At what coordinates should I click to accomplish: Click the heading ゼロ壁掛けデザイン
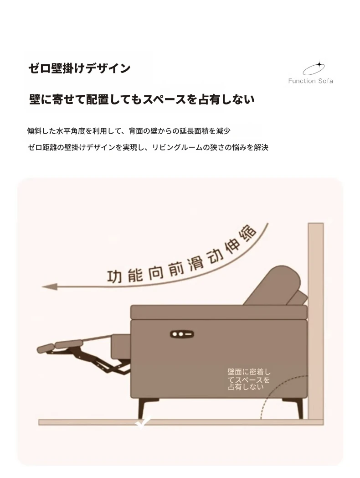pos(79,68)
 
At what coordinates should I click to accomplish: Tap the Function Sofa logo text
pos(310,81)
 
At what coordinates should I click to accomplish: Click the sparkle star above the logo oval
pos(319,65)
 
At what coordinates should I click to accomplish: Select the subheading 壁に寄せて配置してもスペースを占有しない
pos(142,99)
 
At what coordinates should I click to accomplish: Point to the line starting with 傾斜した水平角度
pos(129,131)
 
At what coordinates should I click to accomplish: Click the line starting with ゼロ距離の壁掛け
pos(148,147)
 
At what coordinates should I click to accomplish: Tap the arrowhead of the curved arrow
pos(50,287)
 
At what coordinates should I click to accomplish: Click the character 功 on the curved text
pos(114,276)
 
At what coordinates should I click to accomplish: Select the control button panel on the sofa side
pos(182,334)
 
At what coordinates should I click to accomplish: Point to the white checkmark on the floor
pos(143,422)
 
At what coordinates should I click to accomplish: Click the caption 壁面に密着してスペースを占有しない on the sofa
pos(249,379)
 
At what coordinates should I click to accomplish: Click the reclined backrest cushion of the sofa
pos(272,286)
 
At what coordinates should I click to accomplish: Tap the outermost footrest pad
pos(46,348)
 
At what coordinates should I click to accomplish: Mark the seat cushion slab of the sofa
pos(219,312)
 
